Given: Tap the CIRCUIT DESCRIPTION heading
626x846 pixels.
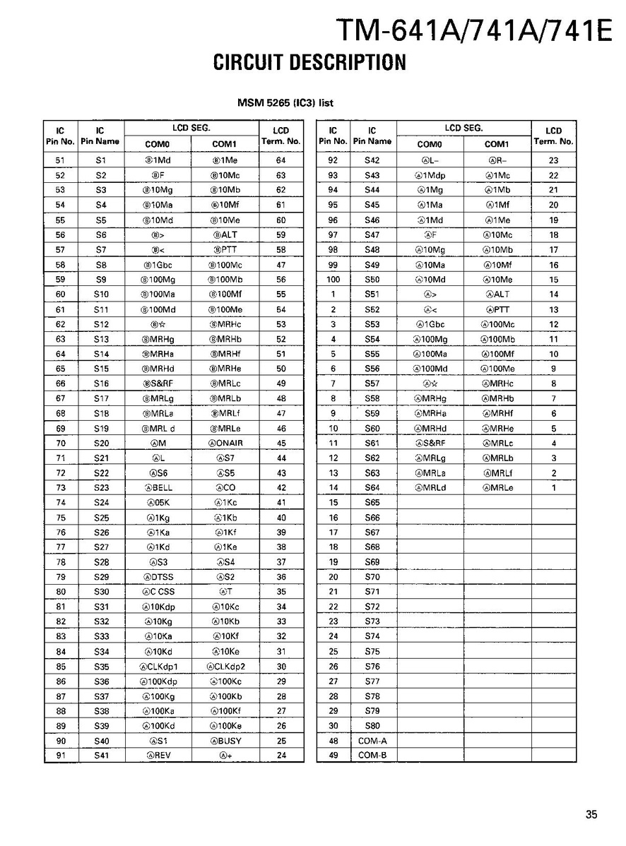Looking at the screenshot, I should click(309, 63).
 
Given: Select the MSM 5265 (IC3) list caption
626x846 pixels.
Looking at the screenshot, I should click(285, 103).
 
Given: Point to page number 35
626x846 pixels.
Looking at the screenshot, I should click(591, 814).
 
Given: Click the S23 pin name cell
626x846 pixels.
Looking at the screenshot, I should click(100, 487).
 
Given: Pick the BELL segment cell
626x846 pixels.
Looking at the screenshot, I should click(158, 487).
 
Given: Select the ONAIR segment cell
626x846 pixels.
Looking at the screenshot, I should click(225, 443).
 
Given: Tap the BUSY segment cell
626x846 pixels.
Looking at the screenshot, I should click(225, 741).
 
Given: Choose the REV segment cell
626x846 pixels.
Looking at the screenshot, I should click(158, 756).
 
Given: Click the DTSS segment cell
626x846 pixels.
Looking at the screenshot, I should click(158, 577).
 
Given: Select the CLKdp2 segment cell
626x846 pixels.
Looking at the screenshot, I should click(225, 667).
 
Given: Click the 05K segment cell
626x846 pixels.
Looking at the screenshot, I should click(158, 502).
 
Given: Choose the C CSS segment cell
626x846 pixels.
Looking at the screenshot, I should click(158, 592).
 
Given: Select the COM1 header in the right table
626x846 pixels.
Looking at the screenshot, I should click(497, 143).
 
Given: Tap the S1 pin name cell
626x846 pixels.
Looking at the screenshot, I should click(100, 160).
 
